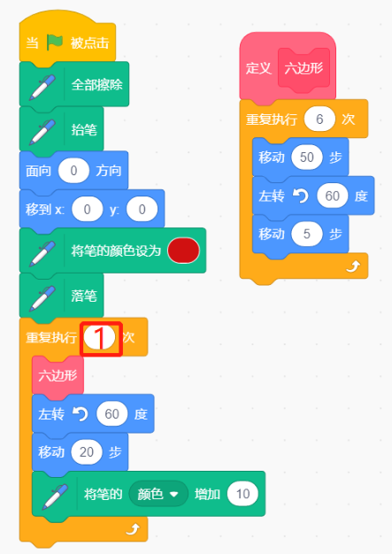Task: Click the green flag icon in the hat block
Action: (x=55, y=42)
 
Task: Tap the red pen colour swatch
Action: (x=183, y=250)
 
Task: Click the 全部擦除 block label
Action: (x=96, y=85)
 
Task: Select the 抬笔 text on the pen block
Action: (x=84, y=130)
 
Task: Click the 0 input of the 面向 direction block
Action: (x=73, y=171)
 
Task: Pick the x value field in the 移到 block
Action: (x=88, y=209)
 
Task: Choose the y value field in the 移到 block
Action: (x=142, y=209)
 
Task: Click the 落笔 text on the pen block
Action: (x=84, y=296)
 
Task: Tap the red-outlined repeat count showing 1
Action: (x=100, y=338)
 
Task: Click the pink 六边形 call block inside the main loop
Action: (x=58, y=375)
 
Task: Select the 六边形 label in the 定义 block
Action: (x=304, y=68)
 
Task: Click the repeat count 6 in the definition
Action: (x=319, y=119)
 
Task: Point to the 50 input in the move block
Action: (x=306, y=158)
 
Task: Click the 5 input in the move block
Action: (x=306, y=234)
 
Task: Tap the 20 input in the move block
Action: (x=87, y=452)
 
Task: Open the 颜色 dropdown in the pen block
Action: (x=158, y=494)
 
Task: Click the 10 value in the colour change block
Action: (x=242, y=494)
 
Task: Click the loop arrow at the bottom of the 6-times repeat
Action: (x=353, y=266)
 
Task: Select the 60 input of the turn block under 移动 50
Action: (x=333, y=196)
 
